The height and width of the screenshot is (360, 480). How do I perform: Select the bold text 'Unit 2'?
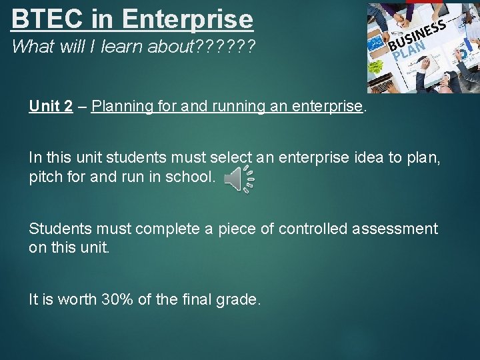[x=51, y=107]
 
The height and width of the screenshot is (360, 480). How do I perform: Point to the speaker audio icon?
[x=239, y=179]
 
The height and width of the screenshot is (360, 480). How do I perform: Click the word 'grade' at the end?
[x=238, y=300]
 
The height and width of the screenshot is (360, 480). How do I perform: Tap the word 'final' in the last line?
[x=197, y=300]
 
